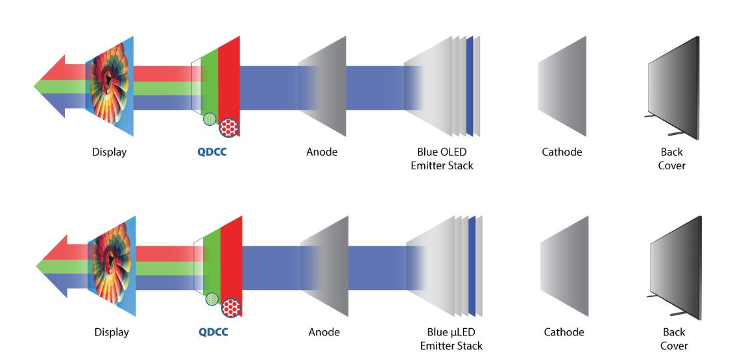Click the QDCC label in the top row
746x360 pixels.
coord(212,153)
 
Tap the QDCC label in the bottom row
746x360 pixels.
coord(213,333)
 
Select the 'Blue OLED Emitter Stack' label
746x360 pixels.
coord(442,159)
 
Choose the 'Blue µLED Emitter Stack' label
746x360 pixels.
coord(451,339)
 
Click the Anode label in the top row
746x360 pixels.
coord(322,153)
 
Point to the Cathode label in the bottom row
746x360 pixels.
coord(564,333)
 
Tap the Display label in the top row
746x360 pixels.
coord(109,153)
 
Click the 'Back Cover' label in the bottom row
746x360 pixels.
coord(674,339)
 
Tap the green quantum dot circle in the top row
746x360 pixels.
coord(210,119)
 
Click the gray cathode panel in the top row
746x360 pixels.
coord(562,86)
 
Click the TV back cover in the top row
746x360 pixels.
coord(673,88)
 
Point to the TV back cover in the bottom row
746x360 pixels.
coord(675,267)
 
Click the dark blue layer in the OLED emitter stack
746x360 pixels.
coord(469,86)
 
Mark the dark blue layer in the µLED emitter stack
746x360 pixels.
coord(472,266)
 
